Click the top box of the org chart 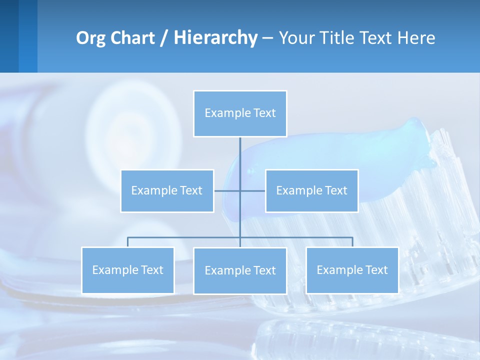point(240,113)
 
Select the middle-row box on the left point(167,191)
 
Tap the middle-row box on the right point(311,191)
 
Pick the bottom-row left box point(127,270)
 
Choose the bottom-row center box point(240,271)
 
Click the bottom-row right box point(352,270)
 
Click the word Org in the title point(90,38)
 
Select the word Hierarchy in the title point(215,38)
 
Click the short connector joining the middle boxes point(227,191)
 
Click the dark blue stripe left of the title point(9,36)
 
